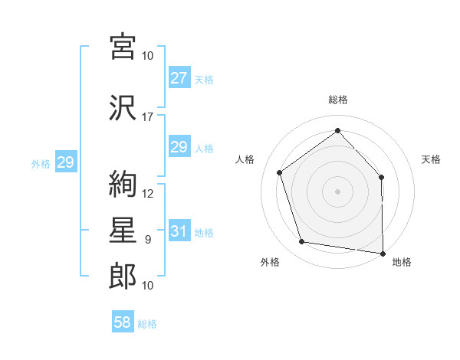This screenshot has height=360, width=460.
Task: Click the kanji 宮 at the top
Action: point(123,47)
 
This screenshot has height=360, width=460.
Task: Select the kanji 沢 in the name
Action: point(123,107)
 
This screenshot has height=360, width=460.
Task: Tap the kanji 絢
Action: point(123,184)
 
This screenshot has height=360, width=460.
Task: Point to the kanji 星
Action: point(123,230)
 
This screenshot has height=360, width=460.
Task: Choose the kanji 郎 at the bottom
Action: point(123,276)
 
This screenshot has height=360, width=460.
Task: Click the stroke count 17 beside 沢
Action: point(147,117)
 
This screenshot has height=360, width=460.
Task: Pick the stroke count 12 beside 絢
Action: point(147,194)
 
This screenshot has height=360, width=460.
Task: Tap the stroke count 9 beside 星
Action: point(148,240)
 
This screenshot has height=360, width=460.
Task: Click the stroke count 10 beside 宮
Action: point(147,56)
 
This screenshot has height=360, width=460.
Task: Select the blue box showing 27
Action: point(179,77)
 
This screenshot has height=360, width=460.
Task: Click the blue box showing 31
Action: point(179,231)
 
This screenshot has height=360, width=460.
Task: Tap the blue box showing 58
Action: point(123,321)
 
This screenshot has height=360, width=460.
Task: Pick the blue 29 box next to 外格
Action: point(66,162)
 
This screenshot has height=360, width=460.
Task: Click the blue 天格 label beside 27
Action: point(204,80)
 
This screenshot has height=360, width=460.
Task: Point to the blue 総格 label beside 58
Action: point(147,324)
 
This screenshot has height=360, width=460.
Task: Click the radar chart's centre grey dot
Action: point(337,191)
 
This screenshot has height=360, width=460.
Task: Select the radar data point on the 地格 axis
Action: point(383,254)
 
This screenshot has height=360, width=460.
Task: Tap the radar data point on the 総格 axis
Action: point(337,130)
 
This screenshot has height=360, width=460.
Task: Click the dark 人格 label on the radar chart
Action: point(245,159)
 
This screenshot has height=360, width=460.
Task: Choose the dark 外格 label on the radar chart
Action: point(270,262)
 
